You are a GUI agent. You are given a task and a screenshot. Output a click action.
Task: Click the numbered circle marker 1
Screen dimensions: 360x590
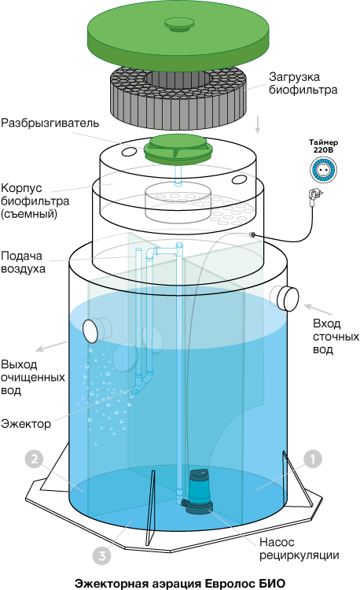(x=313, y=459)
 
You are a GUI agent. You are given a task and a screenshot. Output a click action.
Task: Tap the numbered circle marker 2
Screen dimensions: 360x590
(x=35, y=459)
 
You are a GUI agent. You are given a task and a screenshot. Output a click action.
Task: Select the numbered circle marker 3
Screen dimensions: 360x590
(x=102, y=555)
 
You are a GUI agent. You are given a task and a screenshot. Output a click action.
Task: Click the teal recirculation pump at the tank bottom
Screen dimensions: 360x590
(x=198, y=492)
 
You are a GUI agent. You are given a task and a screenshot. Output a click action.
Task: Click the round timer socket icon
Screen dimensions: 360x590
(x=323, y=170)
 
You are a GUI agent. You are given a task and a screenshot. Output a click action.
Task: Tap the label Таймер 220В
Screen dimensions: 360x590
(x=324, y=146)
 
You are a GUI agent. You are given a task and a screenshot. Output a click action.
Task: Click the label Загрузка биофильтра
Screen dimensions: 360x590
(x=303, y=83)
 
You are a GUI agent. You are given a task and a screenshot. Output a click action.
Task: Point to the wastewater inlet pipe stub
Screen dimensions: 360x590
(x=285, y=298)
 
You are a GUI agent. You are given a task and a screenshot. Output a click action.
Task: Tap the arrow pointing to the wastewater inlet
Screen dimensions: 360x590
(x=318, y=309)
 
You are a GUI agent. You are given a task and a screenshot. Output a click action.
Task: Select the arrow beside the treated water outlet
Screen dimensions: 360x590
(x=51, y=347)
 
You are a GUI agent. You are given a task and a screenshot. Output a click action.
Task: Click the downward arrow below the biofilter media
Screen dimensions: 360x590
(x=257, y=125)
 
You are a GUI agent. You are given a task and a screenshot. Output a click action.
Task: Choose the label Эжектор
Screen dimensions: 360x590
(x=26, y=424)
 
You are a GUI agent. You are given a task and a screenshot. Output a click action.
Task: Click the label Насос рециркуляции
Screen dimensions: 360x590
(x=299, y=548)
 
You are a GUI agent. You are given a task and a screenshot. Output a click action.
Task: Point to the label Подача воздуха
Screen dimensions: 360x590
(x=24, y=262)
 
